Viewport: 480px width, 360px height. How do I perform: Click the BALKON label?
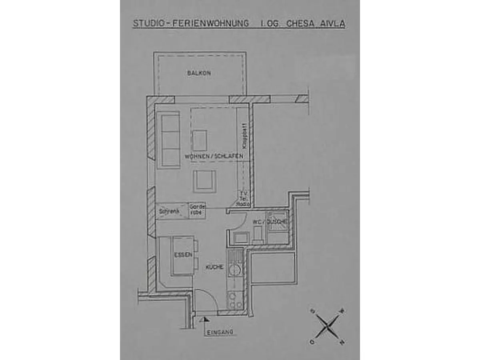click(x=199, y=73)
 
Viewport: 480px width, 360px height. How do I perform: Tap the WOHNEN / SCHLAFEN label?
click(x=214, y=156)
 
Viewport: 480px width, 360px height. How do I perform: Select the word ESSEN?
click(x=183, y=255)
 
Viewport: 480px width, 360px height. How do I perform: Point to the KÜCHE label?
click(x=214, y=267)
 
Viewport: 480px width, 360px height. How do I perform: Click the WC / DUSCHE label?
click(x=270, y=222)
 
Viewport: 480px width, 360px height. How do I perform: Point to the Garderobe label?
click(x=197, y=210)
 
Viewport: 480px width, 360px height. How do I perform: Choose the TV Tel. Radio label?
click(x=243, y=198)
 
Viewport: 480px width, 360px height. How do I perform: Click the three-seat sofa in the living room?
click(x=170, y=140)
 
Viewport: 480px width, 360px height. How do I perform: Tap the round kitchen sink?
click(x=234, y=270)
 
